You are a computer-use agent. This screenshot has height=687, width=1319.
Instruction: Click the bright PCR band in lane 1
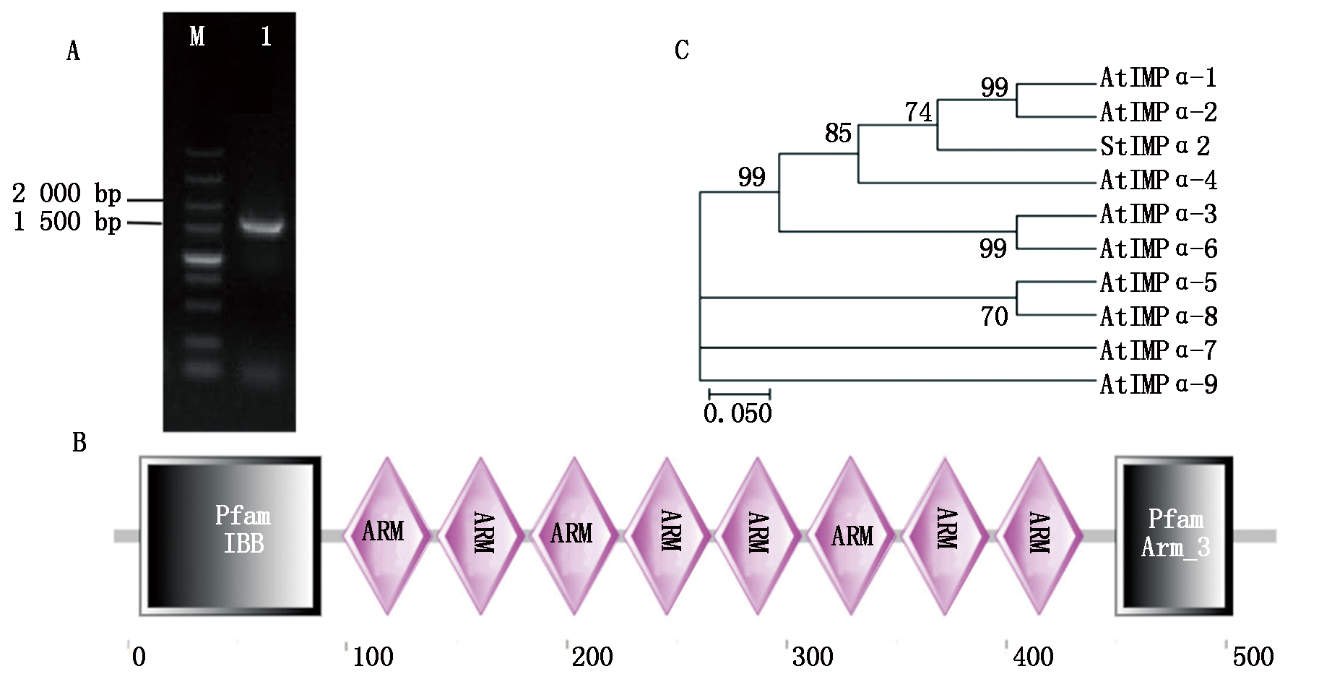(261, 225)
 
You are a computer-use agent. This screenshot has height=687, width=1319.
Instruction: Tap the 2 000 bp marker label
(66, 194)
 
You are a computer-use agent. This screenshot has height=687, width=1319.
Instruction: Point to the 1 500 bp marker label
(67, 222)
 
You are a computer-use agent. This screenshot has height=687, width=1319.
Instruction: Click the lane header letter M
(197, 36)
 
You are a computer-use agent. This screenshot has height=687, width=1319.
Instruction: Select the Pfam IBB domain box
(230, 535)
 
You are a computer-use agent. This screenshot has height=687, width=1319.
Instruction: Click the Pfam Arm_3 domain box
(1174, 535)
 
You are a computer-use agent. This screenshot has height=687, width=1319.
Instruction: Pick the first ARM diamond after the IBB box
(387, 535)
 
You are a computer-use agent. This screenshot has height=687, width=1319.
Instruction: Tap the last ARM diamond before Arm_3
(1039, 535)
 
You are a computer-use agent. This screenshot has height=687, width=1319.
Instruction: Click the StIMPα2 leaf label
(1154, 147)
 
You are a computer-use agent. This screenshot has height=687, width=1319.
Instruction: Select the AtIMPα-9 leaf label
(1158, 384)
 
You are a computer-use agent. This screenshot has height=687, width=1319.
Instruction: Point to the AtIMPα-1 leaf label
(1158, 78)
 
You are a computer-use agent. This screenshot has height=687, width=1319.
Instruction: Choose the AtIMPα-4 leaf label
(1158, 181)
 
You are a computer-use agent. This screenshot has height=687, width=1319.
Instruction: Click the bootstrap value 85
(838, 134)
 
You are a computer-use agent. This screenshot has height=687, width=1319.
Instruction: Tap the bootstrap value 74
(918, 113)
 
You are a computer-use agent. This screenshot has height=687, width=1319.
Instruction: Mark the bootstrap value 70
(994, 316)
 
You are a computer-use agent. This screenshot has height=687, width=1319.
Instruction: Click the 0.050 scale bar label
(738, 414)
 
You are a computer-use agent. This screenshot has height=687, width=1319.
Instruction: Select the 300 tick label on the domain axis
(813, 657)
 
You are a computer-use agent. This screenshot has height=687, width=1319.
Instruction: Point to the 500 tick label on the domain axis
(1253, 657)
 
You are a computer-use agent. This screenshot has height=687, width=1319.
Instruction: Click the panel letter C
(681, 51)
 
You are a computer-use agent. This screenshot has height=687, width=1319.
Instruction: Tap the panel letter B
(79, 443)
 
